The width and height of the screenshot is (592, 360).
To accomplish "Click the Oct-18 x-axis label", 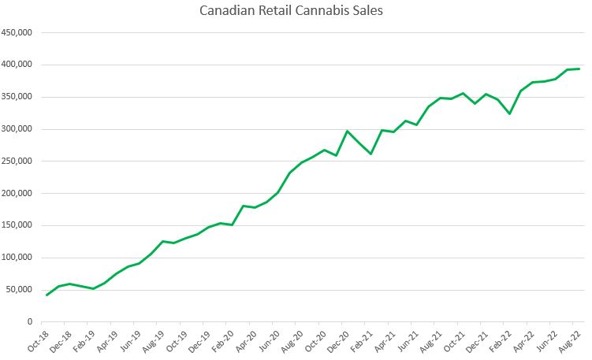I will [36, 340].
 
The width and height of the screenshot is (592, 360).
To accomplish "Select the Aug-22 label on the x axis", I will [570, 340].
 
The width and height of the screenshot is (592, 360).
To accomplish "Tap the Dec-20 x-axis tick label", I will [337, 340].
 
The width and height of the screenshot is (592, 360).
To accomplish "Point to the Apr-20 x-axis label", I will [244, 340].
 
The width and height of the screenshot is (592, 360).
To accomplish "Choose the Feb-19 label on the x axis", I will [83, 340].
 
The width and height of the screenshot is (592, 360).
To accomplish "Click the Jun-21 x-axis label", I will [407, 340].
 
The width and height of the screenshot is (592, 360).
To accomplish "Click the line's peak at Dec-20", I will [348, 131].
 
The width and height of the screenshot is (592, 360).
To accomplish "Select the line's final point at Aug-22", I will [579, 69].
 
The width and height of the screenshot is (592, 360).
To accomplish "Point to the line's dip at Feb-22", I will [510, 113].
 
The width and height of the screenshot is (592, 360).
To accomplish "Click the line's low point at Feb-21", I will [371, 154].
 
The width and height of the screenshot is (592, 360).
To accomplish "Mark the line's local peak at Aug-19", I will [162, 241].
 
